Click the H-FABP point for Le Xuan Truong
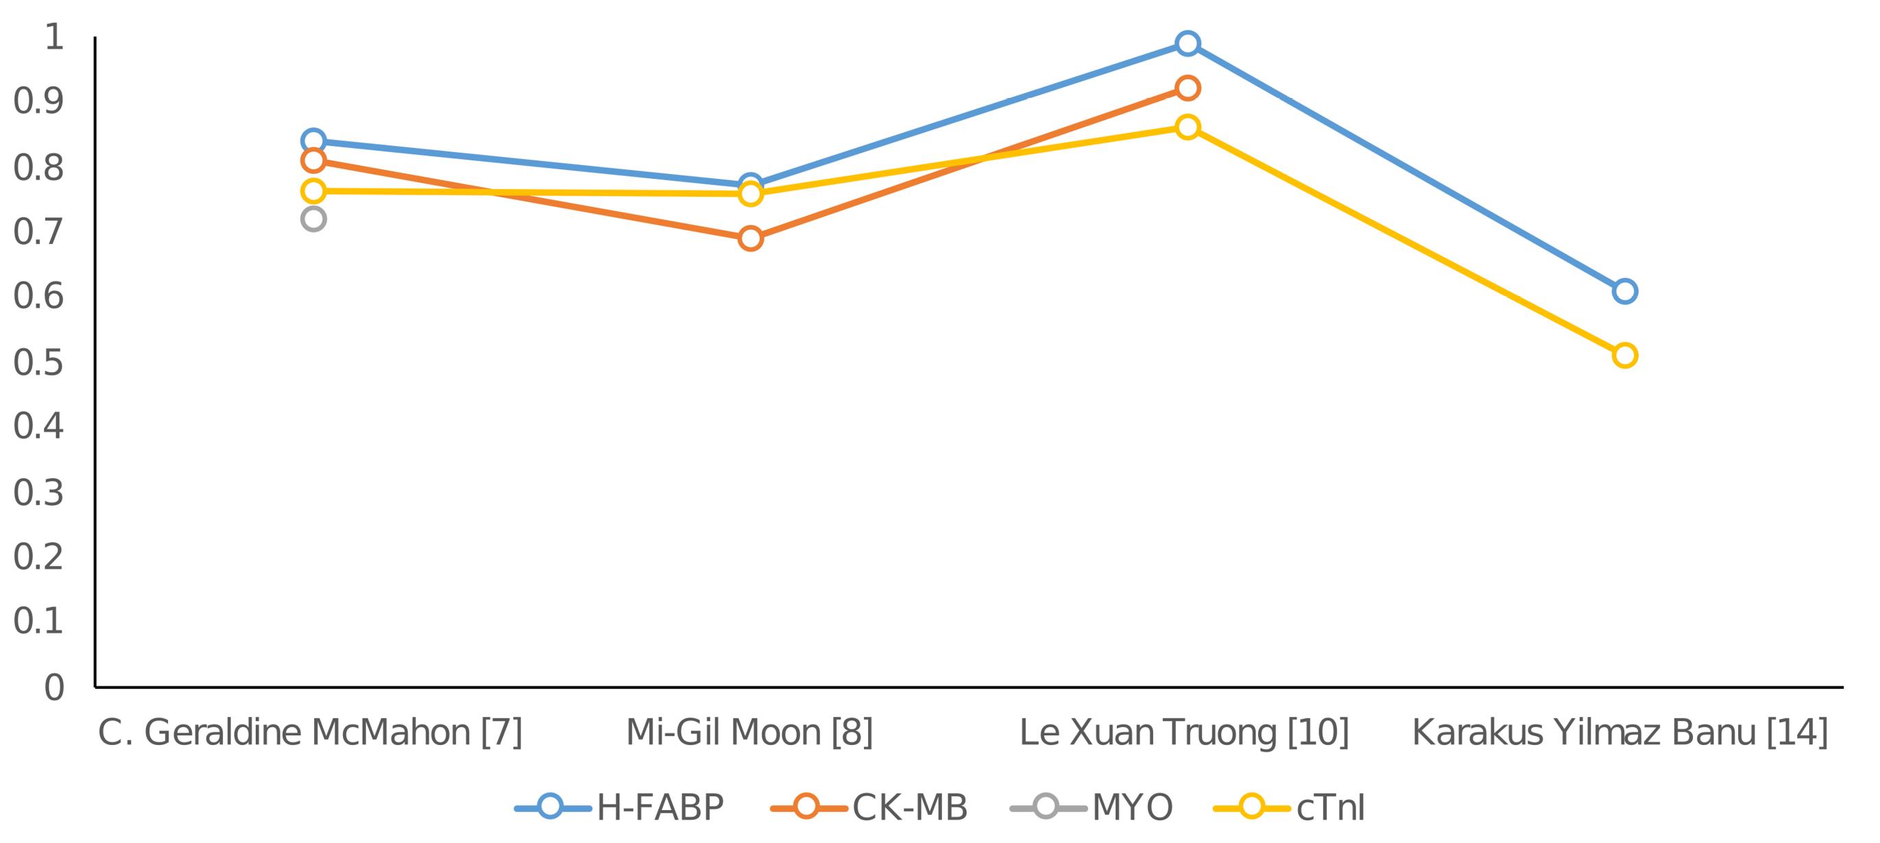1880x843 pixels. (x=1188, y=44)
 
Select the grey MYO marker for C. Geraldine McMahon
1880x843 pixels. (x=313, y=219)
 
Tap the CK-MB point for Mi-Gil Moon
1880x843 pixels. (x=750, y=239)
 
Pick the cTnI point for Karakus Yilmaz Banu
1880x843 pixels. (x=1624, y=356)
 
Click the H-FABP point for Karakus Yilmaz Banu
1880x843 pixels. (x=1624, y=292)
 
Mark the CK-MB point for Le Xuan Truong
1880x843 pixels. (x=1188, y=88)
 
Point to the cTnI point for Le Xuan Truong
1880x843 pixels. (x=1188, y=127)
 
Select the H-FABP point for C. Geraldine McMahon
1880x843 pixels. (x=313, y=140)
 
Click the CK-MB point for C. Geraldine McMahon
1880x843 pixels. (x=313, y=160)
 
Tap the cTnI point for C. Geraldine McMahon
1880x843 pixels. (x=313, y=191)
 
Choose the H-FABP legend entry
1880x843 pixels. (x=620, y=808)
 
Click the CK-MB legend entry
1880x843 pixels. (x=870, y=808)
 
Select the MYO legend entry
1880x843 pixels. (x=1092, y=808)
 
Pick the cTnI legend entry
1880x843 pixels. (x=1290, y=808)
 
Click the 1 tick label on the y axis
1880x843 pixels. (x=54, y=36)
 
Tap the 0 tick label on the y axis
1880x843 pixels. (x=54, y=687)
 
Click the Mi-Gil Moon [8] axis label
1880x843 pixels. (x=749, y=733)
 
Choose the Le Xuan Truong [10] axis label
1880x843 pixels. (x=1184, y=733)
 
